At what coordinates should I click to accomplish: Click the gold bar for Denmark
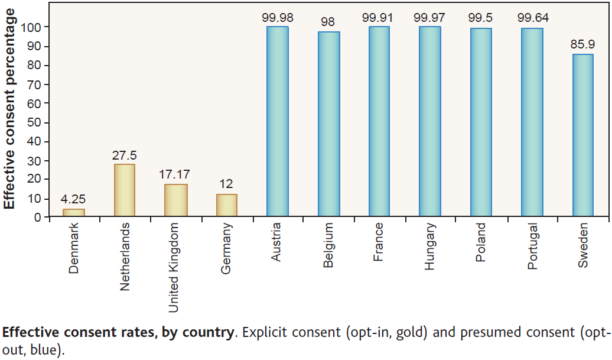74,213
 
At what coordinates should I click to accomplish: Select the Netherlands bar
125,190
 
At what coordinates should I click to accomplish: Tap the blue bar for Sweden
583,135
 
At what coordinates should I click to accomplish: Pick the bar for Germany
227,205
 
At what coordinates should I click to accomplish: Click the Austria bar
278,121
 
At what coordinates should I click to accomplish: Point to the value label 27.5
125,155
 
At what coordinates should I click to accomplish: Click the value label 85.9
583,45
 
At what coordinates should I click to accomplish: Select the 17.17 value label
175,175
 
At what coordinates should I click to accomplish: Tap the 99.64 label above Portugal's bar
533,18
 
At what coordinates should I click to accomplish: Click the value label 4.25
74,200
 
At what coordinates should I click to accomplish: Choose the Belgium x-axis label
328,245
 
